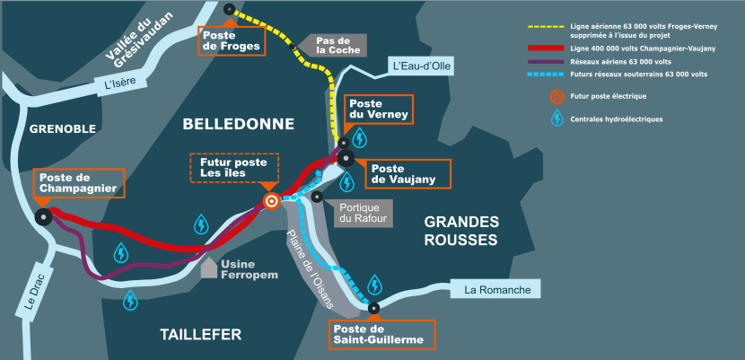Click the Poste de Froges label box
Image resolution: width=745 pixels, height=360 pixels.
pos(232,40)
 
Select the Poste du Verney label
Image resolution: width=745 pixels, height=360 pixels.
pos(378,110)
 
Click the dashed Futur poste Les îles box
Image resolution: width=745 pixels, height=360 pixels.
pos(233,168)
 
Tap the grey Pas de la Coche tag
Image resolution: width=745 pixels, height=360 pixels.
pos(337,45)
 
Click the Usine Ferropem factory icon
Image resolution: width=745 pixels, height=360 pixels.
pos(208,268)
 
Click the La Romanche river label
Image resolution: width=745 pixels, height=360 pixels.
pos(503,290)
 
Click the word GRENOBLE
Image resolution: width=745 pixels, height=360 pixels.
pos(62,129)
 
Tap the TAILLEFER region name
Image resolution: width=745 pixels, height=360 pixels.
pos(201,335)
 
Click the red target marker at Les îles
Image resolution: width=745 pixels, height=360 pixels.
pos(270,201)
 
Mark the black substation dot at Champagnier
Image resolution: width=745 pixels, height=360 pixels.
pos(42,216)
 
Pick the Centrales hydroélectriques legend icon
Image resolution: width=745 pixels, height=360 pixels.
pos(557,119)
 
